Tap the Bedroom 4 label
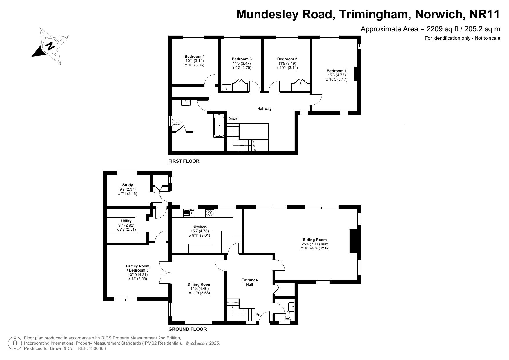tap(195, 56)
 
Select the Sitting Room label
tap(315, 240)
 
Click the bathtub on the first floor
tap(219, 126)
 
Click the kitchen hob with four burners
tap(210, 213)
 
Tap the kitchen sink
tap(189, 213)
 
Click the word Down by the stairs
tap(233, 119)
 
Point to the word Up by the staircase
tap(258, 314)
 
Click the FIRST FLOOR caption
tap(184, 161)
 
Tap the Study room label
tap(128, 185)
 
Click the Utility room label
tap(126, 221)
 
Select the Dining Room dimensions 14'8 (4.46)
tap(199, 289)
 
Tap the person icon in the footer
tap(15, 343)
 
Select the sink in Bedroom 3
tap(227, 87)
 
